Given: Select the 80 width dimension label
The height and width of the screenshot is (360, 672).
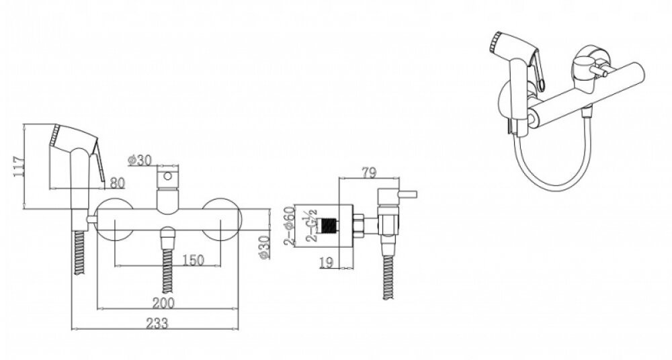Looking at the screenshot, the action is [x=117, y=183].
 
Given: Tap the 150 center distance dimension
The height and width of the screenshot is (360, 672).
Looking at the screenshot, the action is [x=193, y=260].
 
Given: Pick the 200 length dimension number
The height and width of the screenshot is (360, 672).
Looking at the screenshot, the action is [x=163, y=303].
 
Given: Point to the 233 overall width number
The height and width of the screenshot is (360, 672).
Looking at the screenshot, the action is [x=157, y=323].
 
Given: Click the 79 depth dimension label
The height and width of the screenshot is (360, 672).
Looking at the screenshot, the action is [x=369, y=173].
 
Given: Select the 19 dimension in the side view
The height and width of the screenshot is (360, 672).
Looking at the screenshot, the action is [x=326, y=263].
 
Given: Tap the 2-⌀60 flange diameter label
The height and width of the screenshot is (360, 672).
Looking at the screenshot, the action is [x=290, y=226].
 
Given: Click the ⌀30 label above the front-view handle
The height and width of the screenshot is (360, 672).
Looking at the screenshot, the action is [x=140, y=161].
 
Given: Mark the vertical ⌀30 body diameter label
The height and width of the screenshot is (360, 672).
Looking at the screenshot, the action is [x=264, y=247].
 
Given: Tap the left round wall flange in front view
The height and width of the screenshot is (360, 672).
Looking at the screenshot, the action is [x=114, y=219].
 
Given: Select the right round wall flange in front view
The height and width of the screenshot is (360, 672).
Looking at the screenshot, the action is [x=222, y=219].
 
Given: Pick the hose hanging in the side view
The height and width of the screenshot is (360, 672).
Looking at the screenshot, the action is [x=388, y=277].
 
